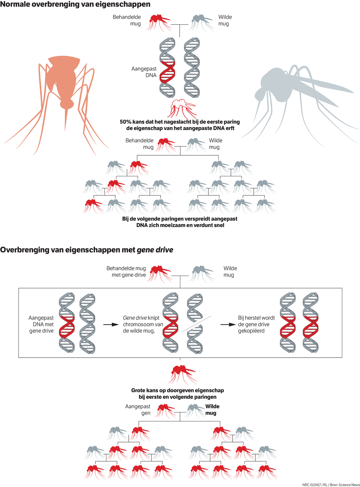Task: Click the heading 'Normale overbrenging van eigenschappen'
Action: click(x=75, y=4)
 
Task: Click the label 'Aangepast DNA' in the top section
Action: click(x=144, y=72)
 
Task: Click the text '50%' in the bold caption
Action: click(x=126, y=122)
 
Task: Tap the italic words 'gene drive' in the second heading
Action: click(x=155, y=250)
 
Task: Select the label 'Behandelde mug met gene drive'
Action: click(x=127, y=272)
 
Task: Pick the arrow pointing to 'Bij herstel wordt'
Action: click(x=228, y=324)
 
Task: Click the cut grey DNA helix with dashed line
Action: click(x=195, y=323)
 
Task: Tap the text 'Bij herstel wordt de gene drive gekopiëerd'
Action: click(x=256, y=324)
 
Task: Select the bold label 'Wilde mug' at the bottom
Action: click(x=212, y=410)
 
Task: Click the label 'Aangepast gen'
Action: click(x=138, y=410)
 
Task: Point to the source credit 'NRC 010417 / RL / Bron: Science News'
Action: click(x=331, y=485)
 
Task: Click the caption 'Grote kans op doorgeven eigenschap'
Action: click(x=177, y=391)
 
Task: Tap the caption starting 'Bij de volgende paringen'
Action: click(x=180, y=219)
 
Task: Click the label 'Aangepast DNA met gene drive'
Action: click(x=41, y=324)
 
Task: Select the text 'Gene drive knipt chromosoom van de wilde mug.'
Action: click(x=143, y=324)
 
